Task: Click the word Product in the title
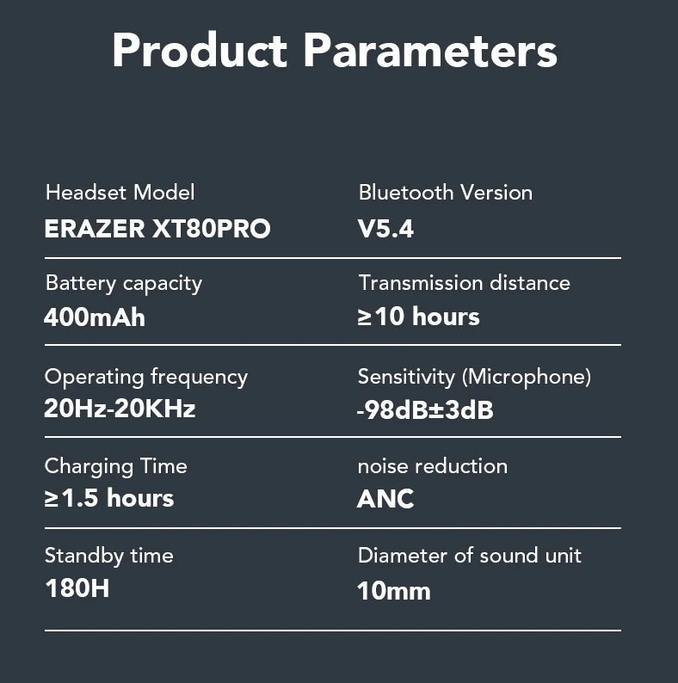(200, 50)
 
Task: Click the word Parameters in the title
(430, 50)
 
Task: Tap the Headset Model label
(120, 192)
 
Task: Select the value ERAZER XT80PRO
(157, 228)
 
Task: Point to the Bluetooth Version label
(446, 192)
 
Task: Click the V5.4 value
(385, 228)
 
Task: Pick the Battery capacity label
(124, 284)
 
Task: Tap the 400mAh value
(95, 317)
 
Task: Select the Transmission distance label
(464, 283)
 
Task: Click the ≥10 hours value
(418, 316)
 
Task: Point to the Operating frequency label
(146, 378)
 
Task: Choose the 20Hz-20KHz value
(120, 409)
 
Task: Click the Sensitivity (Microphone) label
(474, 378)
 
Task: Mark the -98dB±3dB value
(425, 410)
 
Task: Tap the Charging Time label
(115, 466)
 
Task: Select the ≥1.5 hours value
(109, 498)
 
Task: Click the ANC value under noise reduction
(385, 499)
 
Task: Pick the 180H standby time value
(77, 588)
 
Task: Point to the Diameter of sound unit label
(469, 556)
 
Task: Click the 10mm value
(394, 591)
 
